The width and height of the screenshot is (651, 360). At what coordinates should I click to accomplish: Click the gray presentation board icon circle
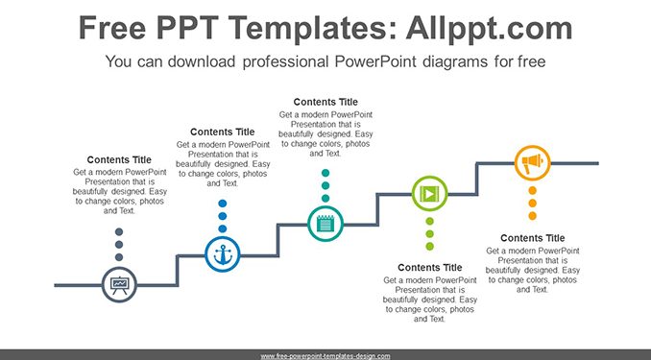pos(119,285)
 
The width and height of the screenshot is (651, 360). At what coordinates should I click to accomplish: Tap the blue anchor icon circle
pos(223,254)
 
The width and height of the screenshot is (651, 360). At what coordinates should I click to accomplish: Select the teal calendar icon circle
pos(325,224)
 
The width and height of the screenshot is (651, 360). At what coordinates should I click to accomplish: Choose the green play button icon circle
pos(430,194)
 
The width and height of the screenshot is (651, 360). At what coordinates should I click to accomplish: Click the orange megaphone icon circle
pos(533,163)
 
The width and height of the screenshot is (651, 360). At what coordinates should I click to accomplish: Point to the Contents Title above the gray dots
pos(119,160)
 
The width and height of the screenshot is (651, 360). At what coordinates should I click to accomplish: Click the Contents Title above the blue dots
pos(223,132)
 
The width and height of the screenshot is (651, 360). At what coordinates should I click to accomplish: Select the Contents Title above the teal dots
pos(325,102)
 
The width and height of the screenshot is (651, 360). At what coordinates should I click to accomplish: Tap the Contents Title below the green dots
pos(430,268)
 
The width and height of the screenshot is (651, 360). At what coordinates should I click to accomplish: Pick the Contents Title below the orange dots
pos(533,238)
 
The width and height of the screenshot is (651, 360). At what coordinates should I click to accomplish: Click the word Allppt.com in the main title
pos(489,28)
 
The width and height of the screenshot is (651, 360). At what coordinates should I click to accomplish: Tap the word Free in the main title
pos(112,28)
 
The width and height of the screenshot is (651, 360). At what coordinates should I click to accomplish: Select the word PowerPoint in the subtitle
pos(375,61)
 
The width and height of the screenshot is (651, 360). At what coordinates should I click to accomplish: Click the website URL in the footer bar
pos(325,356)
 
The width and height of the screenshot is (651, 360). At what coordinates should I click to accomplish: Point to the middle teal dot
pos(325,185)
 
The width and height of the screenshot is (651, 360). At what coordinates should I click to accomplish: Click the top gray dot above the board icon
pos(119,231)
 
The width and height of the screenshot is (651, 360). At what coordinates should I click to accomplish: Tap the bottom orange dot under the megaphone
pos(533,216)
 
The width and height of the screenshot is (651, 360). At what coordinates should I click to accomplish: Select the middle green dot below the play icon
pos(430,234)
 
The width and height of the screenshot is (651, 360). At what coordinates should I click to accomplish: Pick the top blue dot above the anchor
pos(223,204)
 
